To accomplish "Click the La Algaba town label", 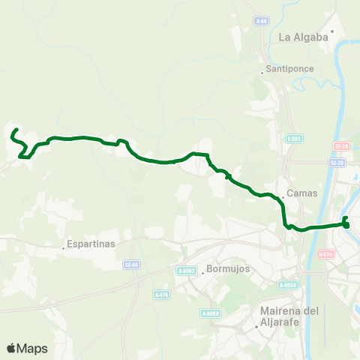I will pyautogui.click(x=304, y=36).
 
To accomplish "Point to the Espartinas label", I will pyautogui.click(x=91, y=244).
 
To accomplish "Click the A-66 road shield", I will pyautogui.click(x=260, y=21).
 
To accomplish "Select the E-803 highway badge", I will pyautogui.click(x=294, y=139).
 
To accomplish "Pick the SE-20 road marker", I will pyautogui.click(x=340, y=145).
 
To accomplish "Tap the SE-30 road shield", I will pyautogui.click(x=336, y=162).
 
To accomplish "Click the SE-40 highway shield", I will pyautogui.click(x=132, y=264).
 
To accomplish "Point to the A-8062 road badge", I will pyautogui.click(x=187, y=271).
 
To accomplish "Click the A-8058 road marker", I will pyautogui.click(x=288, y=285).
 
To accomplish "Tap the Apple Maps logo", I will pyautogui.click(x=27, y=348).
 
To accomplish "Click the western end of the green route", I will pyautogui.click(x=16, y=130).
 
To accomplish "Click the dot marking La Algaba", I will pyautogui.click(x=332, y=31).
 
